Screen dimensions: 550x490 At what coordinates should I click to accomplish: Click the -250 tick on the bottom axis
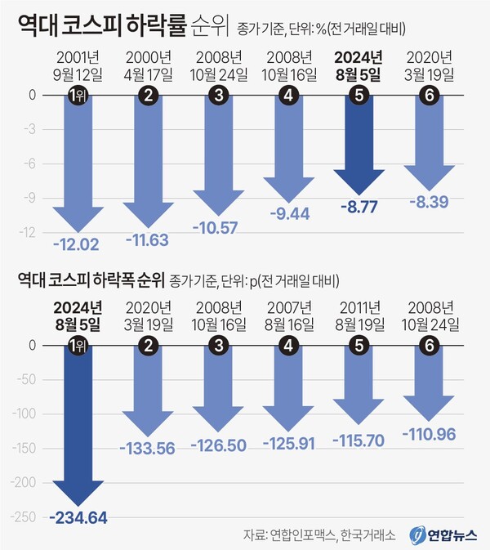tap(26, 516)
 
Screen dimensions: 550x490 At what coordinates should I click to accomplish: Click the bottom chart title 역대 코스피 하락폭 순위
tap(91, 279)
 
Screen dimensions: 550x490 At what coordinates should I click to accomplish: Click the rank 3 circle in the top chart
tap(218, 96)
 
